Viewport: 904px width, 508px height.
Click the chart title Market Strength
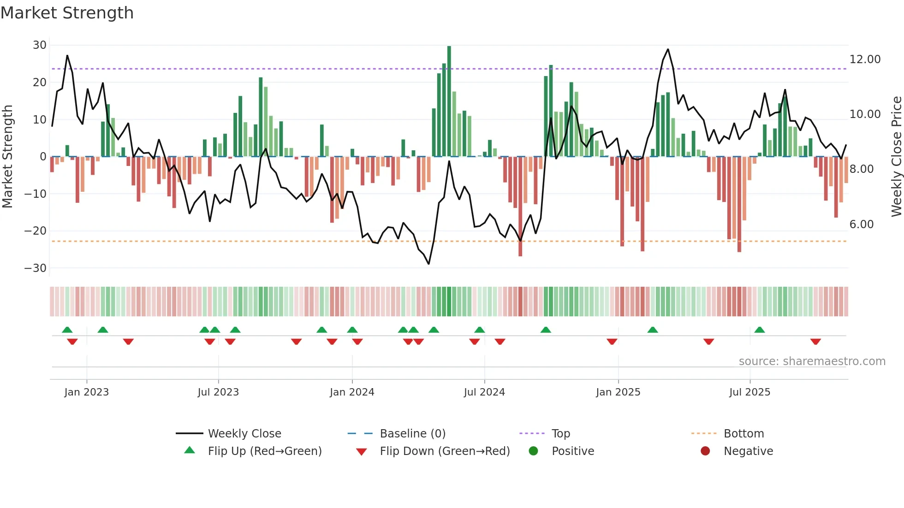pos(67,13)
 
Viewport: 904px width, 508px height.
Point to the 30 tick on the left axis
pos(40,45)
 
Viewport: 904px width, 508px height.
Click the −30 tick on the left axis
pos(36,268)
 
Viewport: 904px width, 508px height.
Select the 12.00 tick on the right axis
pos(865,59)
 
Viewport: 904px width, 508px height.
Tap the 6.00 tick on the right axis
pos(861,224)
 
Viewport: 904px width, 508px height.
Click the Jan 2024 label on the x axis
pos(352,392)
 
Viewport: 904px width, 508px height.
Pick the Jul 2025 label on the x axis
pos(749,392)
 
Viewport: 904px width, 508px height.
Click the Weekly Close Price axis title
pos(896,156)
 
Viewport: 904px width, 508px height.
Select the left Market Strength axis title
pos(8,156)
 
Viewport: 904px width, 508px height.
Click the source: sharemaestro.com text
pos(812,361)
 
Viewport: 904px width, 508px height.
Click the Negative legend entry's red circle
pos(705,451)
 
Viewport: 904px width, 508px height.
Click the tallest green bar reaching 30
pos(449,101)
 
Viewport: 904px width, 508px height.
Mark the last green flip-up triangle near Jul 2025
pos(759,330)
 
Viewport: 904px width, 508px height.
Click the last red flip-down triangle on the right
pos(815,342)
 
